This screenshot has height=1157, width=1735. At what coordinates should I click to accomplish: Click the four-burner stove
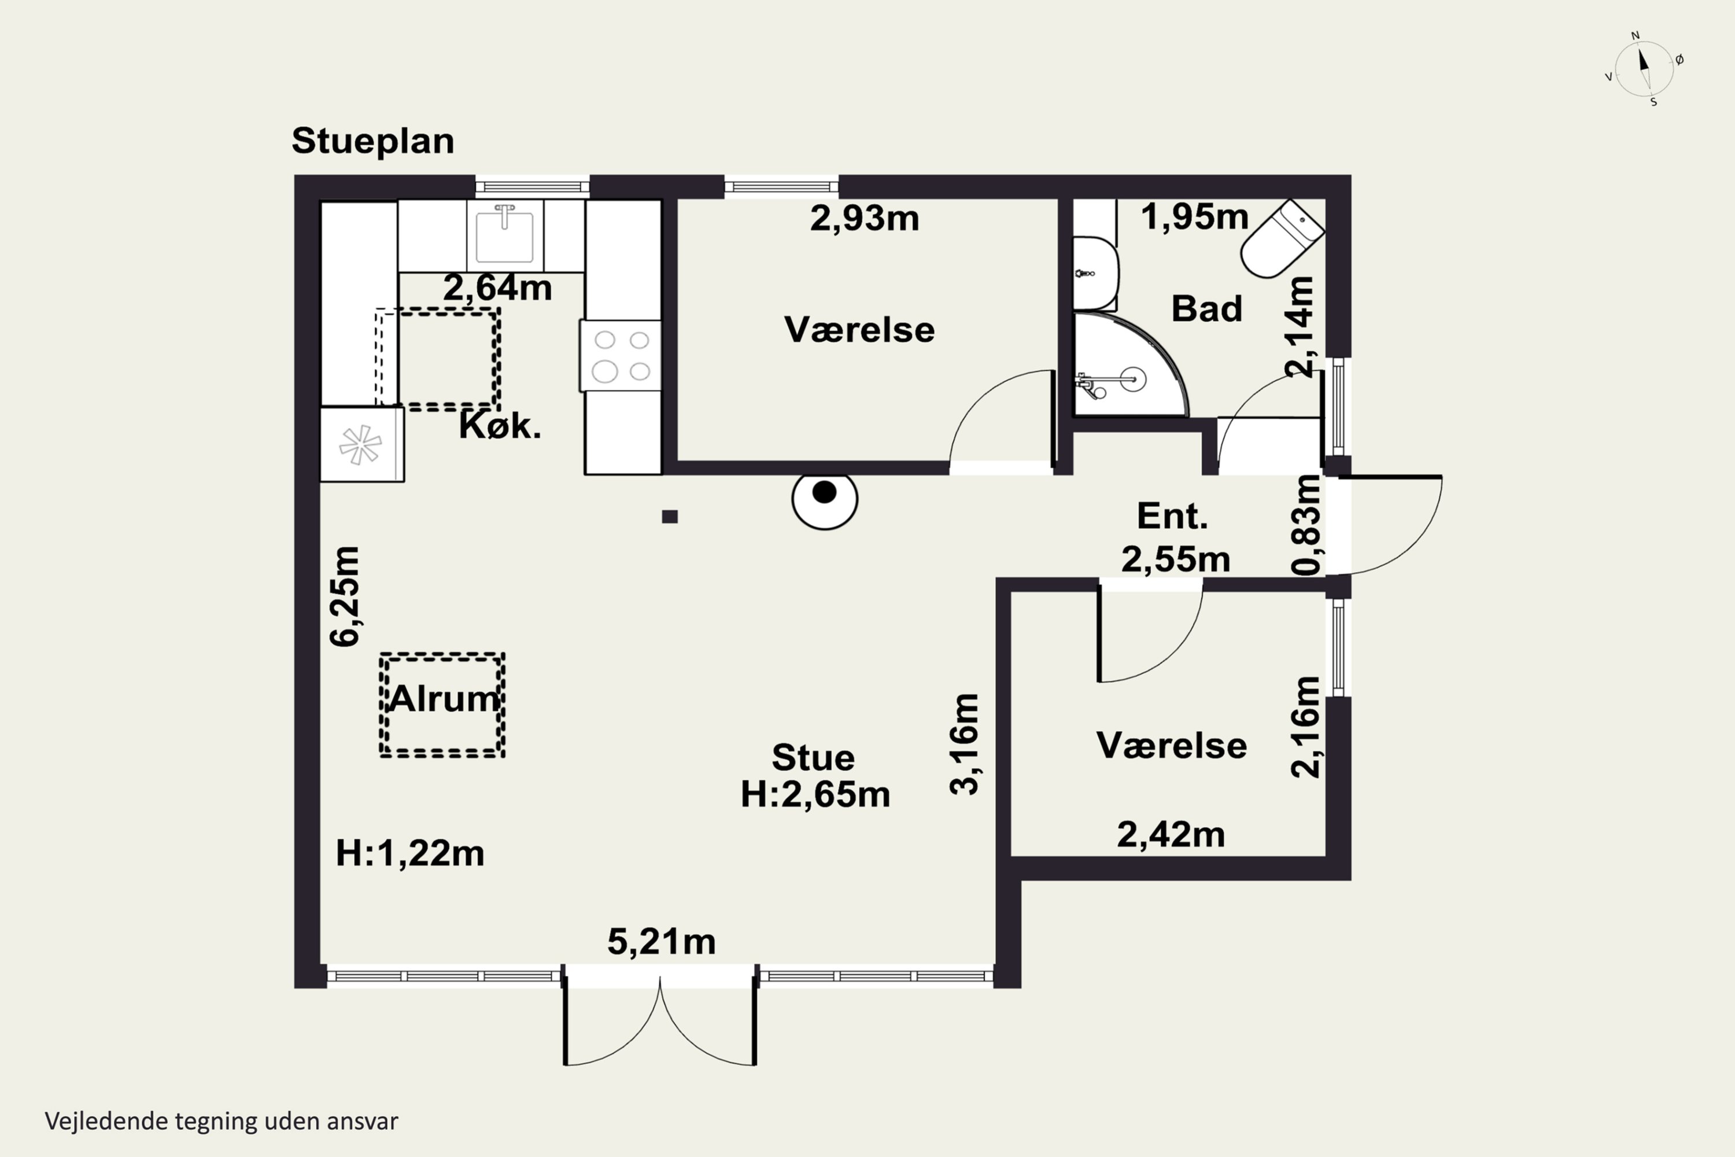click(621, 356)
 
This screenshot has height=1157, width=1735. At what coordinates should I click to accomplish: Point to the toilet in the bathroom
click(1282, 239)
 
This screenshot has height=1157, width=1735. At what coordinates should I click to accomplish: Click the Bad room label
click(1207, 308)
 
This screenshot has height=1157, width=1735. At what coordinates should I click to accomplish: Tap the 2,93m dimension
click(865, 219)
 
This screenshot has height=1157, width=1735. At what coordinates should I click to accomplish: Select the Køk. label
click(500, 426)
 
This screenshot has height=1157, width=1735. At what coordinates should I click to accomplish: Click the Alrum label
click(444, 698)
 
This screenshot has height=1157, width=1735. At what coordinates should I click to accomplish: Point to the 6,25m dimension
click(345, 597)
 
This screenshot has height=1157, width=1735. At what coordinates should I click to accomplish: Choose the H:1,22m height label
click(409, 854)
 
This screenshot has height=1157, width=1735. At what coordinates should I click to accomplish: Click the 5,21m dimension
click(662, 942)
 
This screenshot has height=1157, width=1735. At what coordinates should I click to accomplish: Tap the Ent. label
click(1172, 516)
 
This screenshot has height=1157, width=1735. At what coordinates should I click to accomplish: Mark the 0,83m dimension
click(1306, 525)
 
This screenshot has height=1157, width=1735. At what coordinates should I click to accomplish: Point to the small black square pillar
click(670, 517)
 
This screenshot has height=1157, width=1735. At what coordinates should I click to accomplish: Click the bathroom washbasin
click(1095, 273)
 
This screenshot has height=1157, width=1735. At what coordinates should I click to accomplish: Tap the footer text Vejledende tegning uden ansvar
click(222, 1121)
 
